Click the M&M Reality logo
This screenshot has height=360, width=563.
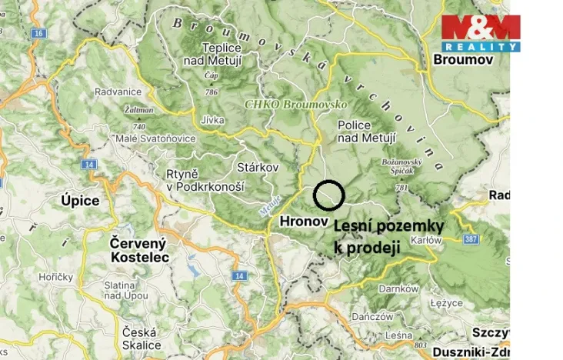point(480,33)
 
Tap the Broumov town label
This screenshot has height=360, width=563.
point(463,59)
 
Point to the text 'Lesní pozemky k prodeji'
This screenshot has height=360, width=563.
point(388,237)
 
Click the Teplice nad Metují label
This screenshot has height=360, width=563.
point(211,53)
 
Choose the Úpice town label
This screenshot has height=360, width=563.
point(80,201)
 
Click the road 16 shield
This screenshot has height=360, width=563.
point(38,35)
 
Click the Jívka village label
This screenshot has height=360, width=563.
point(211,121)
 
